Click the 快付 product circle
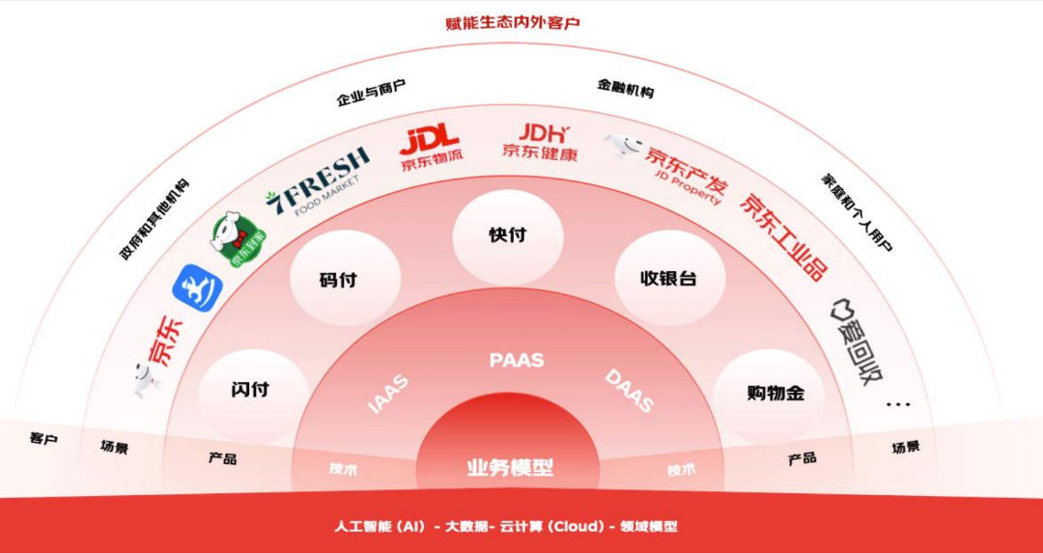coord(508,235)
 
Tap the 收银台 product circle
coord(668,278)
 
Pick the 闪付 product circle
coord(250,391)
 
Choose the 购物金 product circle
coord(769,393)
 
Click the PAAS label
coord(517,360)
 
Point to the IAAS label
coord(388,394)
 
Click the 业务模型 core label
coord(510,468)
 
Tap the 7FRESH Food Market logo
coord(317,180)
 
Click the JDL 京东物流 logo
coord(430,148)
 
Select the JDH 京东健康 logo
coord(540,141)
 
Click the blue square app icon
coord(197,288)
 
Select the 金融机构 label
coord(625,88)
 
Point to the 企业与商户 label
coord(371,93)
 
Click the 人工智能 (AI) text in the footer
coord(379,527)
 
